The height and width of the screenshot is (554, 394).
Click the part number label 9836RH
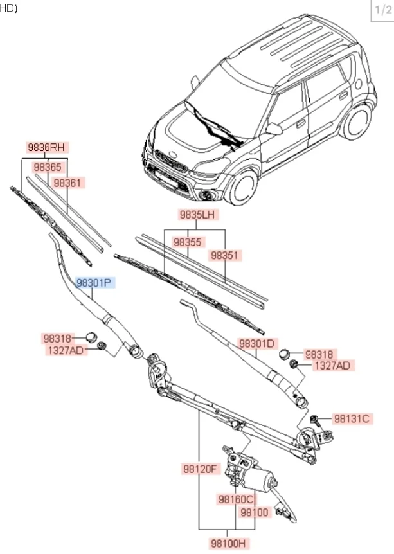click(x=48, y=147)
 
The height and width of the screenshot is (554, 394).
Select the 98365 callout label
click(x=48, y=167)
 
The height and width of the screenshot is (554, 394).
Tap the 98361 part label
click(x=68, y=183)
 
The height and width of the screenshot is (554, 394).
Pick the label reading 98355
click(x=188, y=242)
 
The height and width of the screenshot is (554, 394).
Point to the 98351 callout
click(x=225, y=255)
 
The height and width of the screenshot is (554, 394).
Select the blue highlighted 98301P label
click(x=94, y=282)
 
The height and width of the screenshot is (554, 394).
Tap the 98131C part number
click(x=352, y=418)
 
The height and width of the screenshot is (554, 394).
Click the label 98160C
click(x=236, y=499)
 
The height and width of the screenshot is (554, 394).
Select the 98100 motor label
click(x=254, y=512)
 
